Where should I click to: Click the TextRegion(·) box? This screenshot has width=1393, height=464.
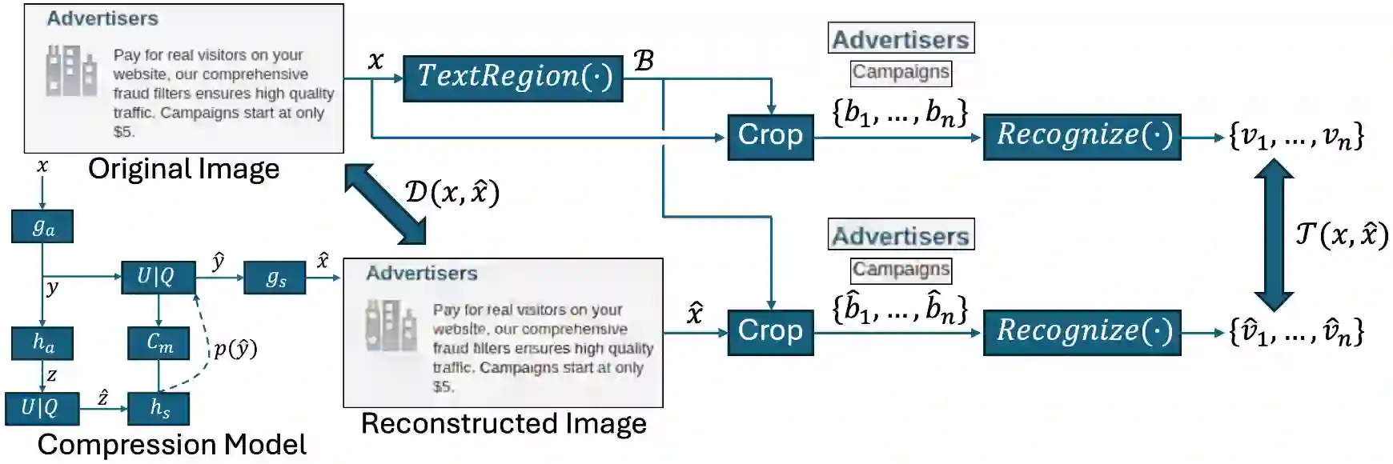tap(512, 78)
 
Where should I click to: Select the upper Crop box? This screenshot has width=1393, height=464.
tap(770, 137)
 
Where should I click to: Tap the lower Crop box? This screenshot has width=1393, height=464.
tap(770, 332)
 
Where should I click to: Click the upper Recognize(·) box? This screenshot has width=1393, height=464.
tap(1082, 137)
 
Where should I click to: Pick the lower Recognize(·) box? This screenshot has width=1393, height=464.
tap(1082, 332)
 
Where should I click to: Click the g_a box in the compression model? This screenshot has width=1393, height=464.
tap(42, 227)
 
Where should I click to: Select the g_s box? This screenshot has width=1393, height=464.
tap(275, 278)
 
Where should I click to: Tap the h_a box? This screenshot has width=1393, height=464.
tap(42, 343)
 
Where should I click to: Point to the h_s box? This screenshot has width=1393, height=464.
tap(159, 408)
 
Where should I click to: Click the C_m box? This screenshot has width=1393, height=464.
tap(159, 343)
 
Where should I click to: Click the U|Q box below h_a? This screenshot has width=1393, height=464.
tap(42, 408)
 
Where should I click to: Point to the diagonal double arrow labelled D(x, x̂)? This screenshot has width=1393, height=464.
tap(385, 203)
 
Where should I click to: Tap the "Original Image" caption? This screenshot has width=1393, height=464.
tap(183, 169)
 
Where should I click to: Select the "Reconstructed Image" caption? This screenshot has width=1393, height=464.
tap(504, 423)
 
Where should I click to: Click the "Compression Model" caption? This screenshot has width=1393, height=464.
tap(171, 445)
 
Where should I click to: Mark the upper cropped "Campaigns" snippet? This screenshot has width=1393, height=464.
tap(901, 73)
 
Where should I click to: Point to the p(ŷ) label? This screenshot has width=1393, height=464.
tap(235, 349)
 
